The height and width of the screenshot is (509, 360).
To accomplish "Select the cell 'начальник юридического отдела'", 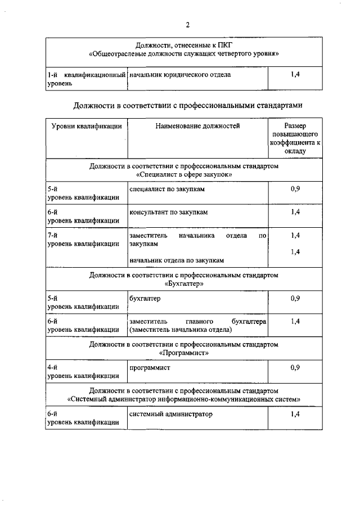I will click(x=180, y=75).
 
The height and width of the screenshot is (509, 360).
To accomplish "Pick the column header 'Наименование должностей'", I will click(x=197, y=127).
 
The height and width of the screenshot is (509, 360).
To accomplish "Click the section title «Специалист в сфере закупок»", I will click(x=184, y=175).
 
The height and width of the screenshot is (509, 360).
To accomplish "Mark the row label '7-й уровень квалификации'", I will click(x=83, y=240).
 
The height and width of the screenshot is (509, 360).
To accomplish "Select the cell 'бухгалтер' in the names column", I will click(x=145, y=298).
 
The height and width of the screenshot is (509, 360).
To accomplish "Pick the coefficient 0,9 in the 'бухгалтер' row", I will click(x=295, y=298).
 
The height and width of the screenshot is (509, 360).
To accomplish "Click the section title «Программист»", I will click(x=184, y=353).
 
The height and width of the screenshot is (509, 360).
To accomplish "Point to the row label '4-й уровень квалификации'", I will click(x=83, y=371).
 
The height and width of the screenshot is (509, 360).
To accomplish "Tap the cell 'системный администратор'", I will click(x=172, y=414).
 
